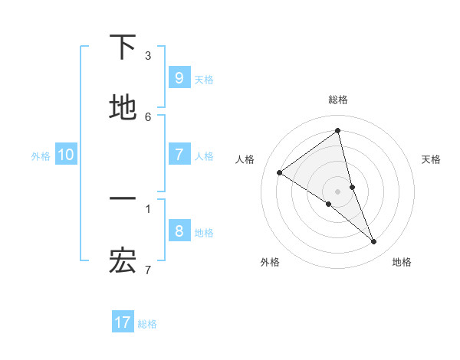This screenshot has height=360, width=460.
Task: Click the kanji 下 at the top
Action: pos(123,47)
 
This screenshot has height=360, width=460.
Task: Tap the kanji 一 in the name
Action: pos(123,199)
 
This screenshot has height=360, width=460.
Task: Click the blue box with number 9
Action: pos(179,77)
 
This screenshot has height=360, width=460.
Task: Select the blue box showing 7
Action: pos(179,155)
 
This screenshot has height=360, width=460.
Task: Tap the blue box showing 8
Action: pos(179,231)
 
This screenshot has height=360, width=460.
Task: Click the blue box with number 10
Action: pos(66,155)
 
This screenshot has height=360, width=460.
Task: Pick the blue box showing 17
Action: pos(123,322)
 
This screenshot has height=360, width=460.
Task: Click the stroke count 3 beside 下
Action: pos(148,56)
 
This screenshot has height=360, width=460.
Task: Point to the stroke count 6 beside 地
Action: pos(148,116)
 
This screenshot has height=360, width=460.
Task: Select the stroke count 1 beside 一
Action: pos(148,208)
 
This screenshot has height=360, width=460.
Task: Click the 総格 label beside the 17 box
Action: pos(147,324)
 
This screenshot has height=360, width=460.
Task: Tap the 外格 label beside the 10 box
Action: pos(41,156)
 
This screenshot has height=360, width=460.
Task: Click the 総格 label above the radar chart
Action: pos(338,100)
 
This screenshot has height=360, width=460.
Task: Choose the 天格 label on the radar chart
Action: pos(432,159)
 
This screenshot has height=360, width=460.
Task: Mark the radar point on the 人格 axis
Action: pos(279,173)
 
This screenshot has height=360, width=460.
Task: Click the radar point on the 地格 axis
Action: pos(374,242)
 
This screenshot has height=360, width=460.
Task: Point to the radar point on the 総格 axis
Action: pos(338,131)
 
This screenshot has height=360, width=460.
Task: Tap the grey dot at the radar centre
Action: pos(338,191)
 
